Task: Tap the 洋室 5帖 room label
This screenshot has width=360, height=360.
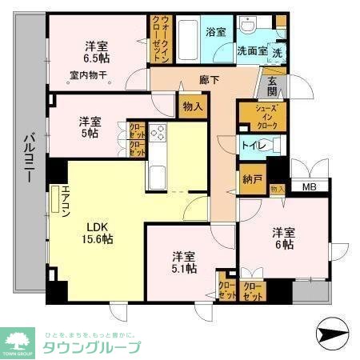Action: click(x=90, y=127)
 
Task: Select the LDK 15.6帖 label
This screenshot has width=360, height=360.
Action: click(x=99, y=232)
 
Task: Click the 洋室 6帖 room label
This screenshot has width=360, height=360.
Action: click(x=283, y=238)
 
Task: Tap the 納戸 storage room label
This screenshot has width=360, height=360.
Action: click(x=252, y=179)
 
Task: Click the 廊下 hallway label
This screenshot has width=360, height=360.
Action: click(x=210, y=80)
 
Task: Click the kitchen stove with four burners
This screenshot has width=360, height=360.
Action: click(x=157, y=134)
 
